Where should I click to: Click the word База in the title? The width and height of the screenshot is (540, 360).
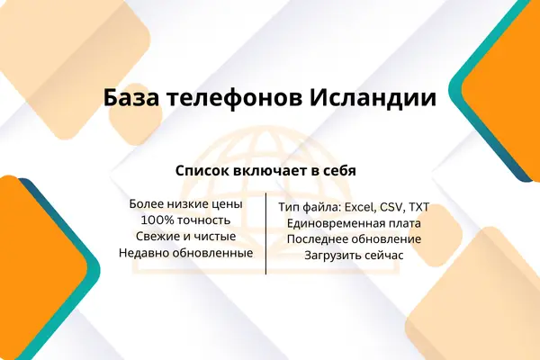coord(131,98)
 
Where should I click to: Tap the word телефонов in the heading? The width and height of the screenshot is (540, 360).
coord(235,98)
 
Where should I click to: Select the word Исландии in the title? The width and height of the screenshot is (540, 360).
coord(373,98)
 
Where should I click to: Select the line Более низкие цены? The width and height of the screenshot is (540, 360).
coord(186,204)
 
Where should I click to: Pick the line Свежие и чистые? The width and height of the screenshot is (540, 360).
coord(186,237)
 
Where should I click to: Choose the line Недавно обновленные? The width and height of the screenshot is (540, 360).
coord(186,253)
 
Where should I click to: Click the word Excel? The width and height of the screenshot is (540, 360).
coord(360,207)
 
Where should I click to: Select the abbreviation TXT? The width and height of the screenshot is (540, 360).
coord(418,207)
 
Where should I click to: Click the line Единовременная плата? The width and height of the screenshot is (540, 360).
coord(354,223)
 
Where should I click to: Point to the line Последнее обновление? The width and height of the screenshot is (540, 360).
coord(354,239)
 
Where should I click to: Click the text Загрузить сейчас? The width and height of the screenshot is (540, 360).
coord(354,256)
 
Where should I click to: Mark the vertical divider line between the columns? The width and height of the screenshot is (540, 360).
coord(265,234)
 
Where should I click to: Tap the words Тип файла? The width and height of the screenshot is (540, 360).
coord(310,207)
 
